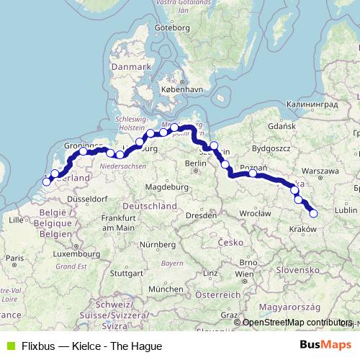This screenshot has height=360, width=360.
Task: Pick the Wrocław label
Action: [256, 213]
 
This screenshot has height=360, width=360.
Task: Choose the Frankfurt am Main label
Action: [118, 222]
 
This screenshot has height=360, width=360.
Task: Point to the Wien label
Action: [245, 274]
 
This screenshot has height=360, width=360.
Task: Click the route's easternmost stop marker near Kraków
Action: [313, 212]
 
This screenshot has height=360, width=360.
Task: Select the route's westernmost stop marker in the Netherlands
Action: [47, 181]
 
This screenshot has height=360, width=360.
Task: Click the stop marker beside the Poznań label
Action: [253, 173]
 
